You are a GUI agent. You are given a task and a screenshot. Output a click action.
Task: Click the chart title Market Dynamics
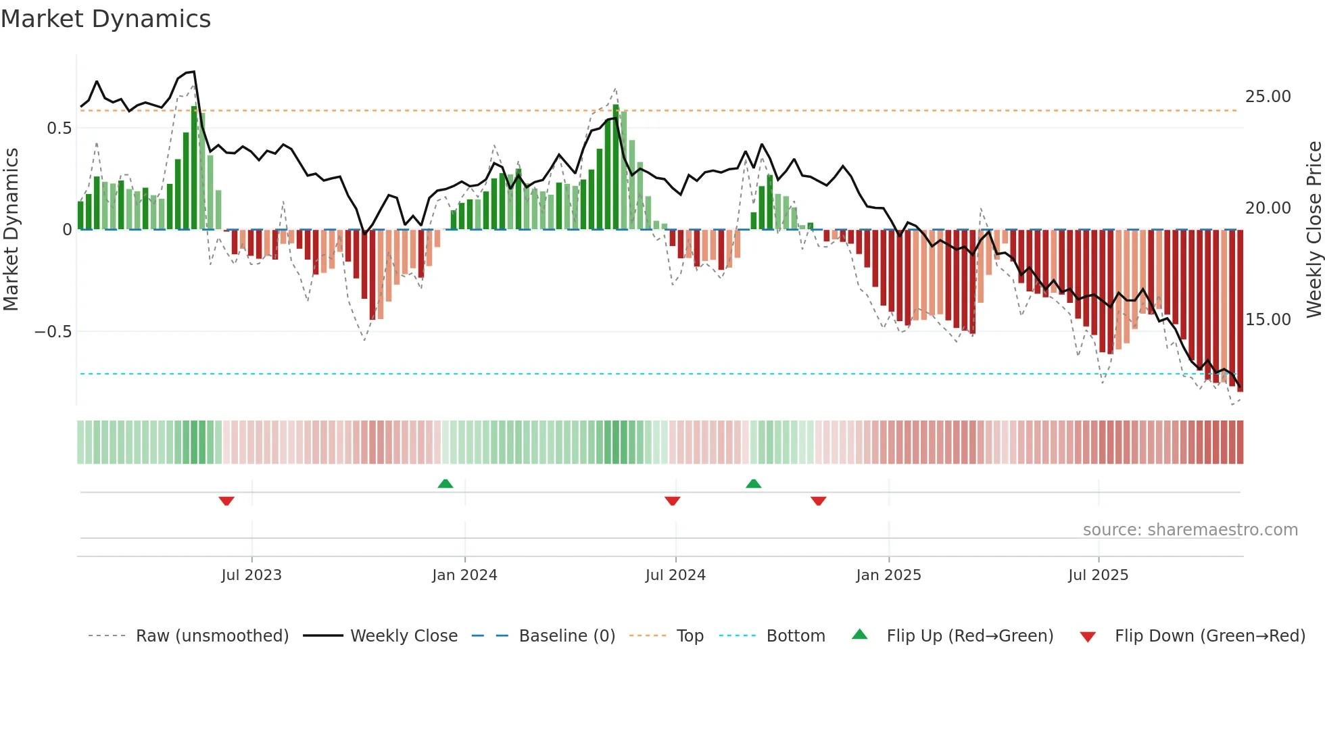105,19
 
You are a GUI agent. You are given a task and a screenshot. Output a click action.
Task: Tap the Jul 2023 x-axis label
251,575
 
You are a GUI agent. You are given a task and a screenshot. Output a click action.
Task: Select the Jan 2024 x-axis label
464,575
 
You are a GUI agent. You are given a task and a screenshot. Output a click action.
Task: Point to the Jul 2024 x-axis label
675,575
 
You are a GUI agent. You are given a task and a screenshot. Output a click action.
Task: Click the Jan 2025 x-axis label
888,575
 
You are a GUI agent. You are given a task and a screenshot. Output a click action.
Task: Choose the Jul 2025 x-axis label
1098,575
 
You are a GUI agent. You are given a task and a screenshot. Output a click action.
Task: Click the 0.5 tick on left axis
59,128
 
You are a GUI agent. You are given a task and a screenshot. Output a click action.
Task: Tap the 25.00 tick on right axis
1268,97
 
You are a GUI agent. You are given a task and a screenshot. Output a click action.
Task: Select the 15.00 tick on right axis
1268,320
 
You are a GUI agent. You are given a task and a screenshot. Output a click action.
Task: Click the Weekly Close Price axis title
1314,230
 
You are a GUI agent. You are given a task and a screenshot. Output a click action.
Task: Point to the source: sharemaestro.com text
1190,530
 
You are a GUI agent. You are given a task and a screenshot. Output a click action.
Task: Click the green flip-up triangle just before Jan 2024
445,484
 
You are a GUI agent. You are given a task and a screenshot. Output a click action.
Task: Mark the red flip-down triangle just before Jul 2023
226,501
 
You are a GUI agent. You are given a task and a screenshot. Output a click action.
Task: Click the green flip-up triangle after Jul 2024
753,484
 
